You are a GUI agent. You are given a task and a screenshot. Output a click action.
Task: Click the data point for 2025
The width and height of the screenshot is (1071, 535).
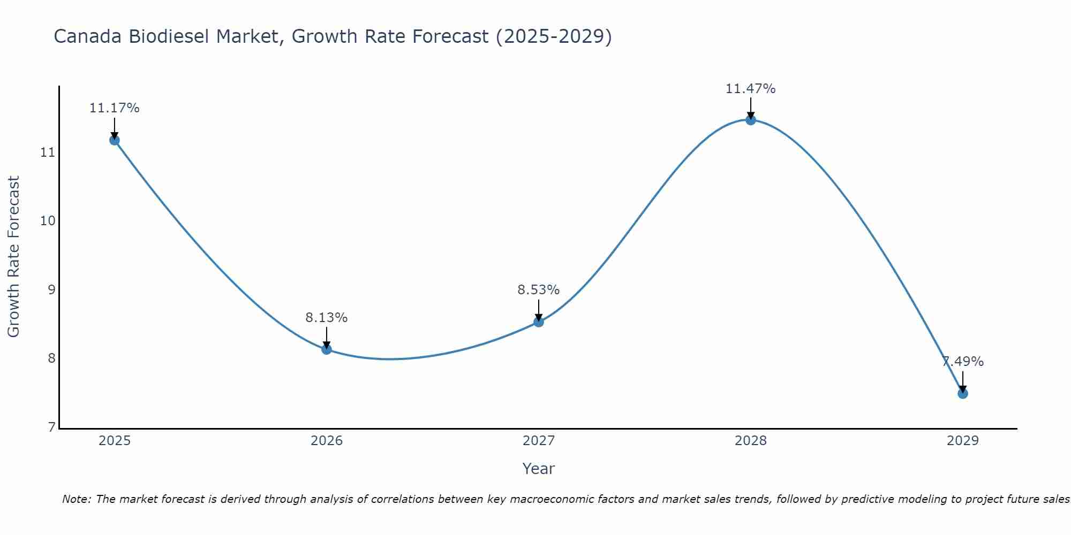tap(114, 140)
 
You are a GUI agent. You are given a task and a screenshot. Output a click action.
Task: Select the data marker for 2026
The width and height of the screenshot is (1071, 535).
tap(327, 349)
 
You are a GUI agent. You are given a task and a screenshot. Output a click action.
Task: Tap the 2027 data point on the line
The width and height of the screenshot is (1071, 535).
tap(539, 322)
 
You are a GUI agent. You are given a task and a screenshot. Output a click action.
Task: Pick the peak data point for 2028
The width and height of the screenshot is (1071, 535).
tap(751, 120)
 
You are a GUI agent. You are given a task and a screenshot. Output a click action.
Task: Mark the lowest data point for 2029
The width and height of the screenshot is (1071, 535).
tap(963, 394)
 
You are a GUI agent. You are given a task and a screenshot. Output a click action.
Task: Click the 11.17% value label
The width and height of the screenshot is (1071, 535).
tap(114, 108)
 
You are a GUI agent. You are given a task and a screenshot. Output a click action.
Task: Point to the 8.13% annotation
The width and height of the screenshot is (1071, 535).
tap(327, 318)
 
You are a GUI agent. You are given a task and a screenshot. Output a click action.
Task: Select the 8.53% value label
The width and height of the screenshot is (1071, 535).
tap(539, 290)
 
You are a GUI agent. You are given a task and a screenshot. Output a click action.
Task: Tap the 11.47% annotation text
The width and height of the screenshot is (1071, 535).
tap(751, 89)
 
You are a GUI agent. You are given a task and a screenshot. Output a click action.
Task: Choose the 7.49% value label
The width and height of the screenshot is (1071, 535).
tap(963, 362)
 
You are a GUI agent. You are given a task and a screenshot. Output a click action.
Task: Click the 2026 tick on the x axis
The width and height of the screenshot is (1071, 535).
tap(327, 441)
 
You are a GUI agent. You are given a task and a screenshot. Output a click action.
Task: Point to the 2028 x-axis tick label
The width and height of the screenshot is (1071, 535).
tap(751, 441)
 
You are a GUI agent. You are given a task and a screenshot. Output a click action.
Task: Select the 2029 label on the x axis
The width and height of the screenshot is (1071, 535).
tap(963, 441)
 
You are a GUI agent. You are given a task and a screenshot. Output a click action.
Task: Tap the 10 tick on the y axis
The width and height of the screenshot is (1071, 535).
tap(48, 221)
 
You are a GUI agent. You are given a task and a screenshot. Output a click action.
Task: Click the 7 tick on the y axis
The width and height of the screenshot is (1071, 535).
tap(51, 427)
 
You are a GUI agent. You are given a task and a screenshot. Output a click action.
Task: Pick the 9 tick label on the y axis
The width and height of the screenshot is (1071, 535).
tap(51, 290)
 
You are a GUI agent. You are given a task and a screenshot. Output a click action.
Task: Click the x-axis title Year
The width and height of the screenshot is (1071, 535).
tap(539, 469)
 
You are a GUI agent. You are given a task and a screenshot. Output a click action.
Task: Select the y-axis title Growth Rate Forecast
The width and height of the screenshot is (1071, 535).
tap(14, 257)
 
